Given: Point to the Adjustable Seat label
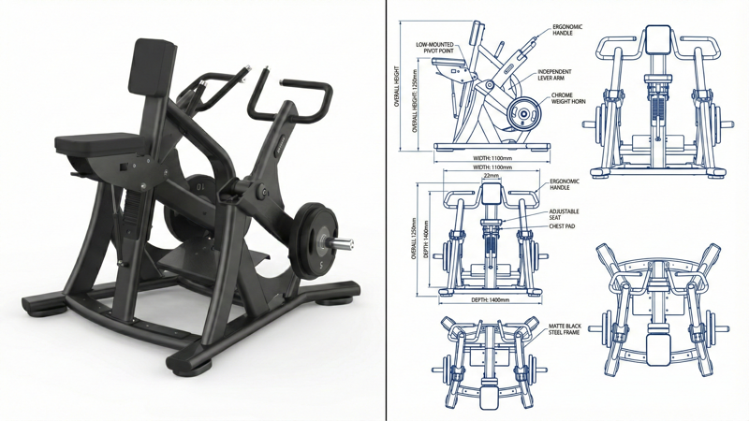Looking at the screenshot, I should tap(564, 215).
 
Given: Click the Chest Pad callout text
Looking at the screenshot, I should tap(562, 226).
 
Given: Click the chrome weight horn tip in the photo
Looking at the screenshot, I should tap(345, 244).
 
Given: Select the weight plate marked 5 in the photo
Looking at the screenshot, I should tap(312, 241).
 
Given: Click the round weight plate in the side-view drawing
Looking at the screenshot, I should tap(523, 115).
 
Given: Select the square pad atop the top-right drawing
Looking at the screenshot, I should tap(656, 39).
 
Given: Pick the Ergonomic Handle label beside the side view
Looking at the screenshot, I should tap(566, 30).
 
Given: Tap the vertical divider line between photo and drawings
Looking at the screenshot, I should tap(387, 210).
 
